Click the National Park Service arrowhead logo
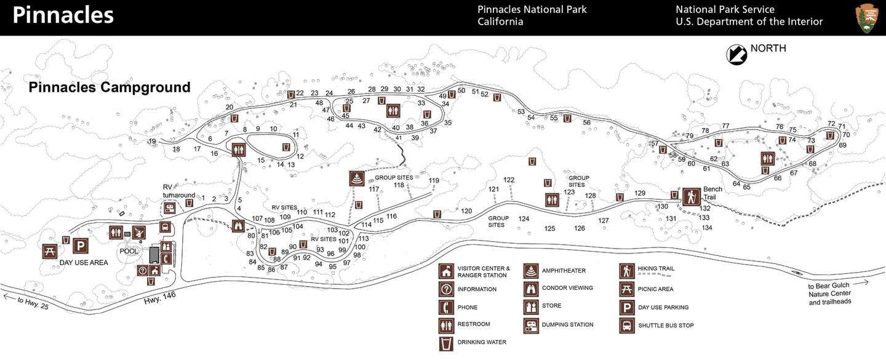click(866, 18)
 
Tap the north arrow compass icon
click(736, 55)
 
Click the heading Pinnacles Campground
click(110, 87)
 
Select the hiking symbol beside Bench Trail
click(691, 197)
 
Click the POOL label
click(129, 251)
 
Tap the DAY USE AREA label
click(84, 263)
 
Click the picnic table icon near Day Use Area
click(50, 251)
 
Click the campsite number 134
click(707, 228)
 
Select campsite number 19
click(152, 142)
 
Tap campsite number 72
click(831, 124)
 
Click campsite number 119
click(434, 181)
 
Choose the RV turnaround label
click(178, 191)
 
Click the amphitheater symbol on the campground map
click(357, 178)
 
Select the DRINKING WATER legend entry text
click(482, 342)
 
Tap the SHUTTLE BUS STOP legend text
click(666, 326)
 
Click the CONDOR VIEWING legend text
click(567, 288)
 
